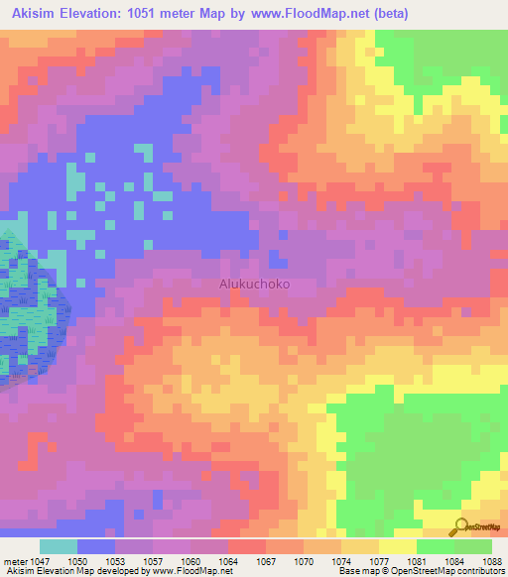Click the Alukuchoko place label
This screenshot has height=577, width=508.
[x=254, y=283]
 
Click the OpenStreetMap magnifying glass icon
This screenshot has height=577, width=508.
[x=458, y=526]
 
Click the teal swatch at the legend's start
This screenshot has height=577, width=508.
[x=59, y=546]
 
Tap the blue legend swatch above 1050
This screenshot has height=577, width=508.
[x=96, y=546]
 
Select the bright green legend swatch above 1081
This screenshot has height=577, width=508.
[x=435, y=546]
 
